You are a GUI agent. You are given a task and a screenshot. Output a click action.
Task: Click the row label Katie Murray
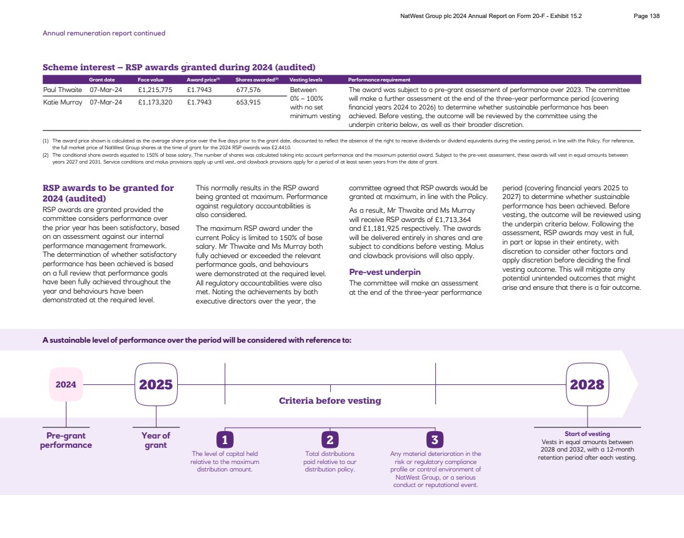[x=62, y=102]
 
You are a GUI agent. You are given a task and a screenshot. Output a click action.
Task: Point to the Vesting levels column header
[x=306, y=80]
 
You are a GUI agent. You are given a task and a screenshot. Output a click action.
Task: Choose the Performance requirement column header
[x=379, y=80]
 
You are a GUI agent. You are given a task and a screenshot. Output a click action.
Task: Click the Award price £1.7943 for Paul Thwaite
[x=199, y=90]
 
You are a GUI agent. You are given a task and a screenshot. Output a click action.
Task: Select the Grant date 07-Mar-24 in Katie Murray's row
[x=106, y=102]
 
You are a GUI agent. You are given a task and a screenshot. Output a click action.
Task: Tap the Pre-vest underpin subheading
[x=385, y=272]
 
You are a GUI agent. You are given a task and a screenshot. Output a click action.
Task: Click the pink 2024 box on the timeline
[x=66, y=384]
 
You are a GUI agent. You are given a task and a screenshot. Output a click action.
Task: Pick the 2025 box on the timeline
[x=155, y=384]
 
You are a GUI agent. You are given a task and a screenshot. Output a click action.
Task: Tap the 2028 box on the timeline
[x=587, y=384]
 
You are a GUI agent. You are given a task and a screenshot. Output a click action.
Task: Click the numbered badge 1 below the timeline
[x=224, y=440]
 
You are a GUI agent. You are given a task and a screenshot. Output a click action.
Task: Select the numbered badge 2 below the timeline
[x=330, y=440]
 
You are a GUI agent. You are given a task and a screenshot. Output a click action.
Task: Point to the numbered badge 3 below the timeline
[x=435, y=440]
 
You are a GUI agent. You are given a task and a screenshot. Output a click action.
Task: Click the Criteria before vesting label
[x=330, y=401]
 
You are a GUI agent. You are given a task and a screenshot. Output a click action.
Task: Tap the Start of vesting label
[x=587, y=434]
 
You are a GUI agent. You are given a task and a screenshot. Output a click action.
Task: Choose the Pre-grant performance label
[x=66, y=440]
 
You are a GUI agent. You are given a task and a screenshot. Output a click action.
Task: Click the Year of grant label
[x=155, y=440]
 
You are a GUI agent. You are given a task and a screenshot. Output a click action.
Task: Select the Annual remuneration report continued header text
[x=104, y=33]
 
